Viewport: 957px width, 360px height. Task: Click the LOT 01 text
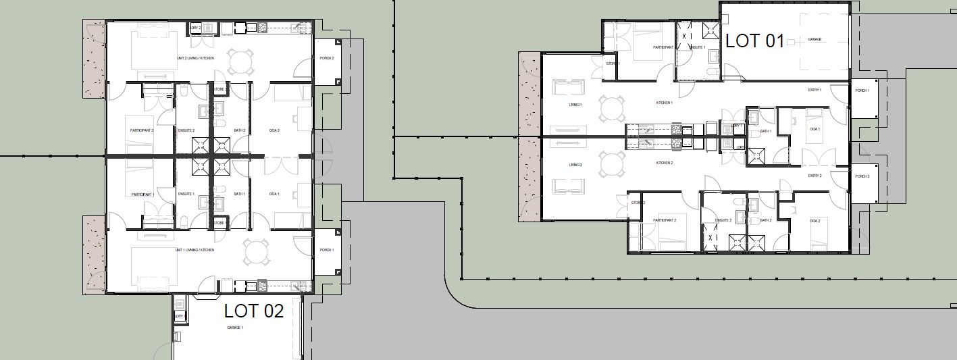click(x=754, y=41)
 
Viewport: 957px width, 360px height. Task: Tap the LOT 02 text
click(x=254, y=311)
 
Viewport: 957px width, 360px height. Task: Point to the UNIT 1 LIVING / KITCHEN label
click(x=195, y=250)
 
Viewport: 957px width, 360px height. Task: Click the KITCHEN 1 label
click(x=664, y=103)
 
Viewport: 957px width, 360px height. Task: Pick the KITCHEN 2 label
click(x=664, y=163)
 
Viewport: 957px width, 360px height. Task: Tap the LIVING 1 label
click(x=575, y=105)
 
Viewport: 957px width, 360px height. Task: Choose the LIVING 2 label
click(x=575, y=165)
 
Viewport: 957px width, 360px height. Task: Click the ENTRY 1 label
click(x=815, y=90)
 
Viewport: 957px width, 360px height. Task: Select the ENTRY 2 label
click(x=815, y=176)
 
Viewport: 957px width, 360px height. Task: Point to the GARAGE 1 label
click(x=234, y=328)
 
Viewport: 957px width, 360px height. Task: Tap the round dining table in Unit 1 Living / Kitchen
click(x=257, y=253)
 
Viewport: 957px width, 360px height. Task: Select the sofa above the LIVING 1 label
click(x=568, y=88)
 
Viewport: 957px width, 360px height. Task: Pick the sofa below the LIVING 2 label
click(x=568, y=186)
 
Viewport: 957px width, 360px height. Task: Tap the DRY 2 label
click(x=196, y=28)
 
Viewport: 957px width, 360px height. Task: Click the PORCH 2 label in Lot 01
click(x=862, y=176)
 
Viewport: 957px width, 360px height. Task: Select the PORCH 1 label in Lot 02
click(x=326, y=250)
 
